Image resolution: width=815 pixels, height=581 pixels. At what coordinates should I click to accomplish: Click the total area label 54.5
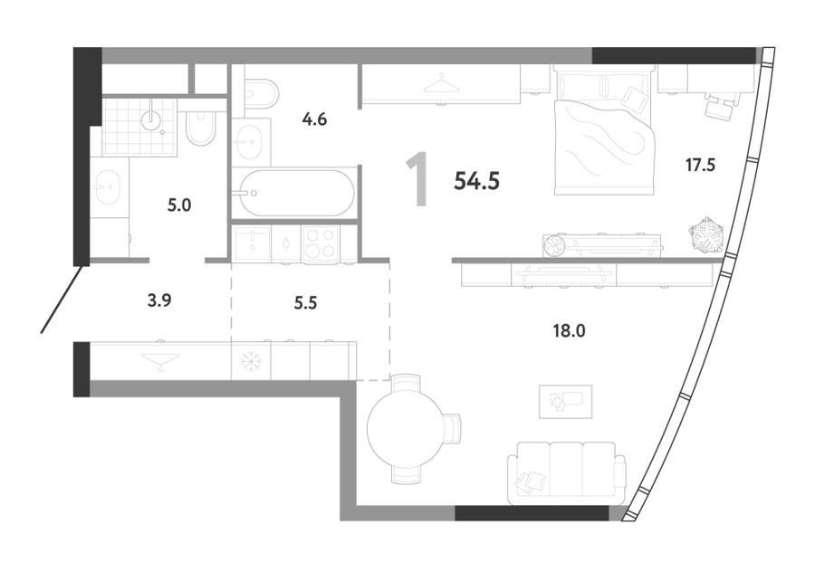[x=476, y=181]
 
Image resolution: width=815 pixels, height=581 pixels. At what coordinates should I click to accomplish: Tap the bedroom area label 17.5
[x=700, y=165]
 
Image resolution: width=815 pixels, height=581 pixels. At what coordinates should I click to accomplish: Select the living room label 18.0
[x=570, y=330]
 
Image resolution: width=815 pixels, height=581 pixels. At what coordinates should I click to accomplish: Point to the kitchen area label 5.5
[x=305, y=302]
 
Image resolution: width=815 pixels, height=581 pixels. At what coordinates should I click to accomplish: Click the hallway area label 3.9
[x=159, y=300]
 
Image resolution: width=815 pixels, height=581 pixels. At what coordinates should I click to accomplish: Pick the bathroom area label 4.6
[x=314, y=119]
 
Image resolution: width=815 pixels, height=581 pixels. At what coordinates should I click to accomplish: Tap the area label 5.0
[x=178, y=205]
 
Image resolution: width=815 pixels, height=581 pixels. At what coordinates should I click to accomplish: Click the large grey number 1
[x=417, y=180]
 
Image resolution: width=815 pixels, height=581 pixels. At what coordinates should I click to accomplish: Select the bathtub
[x=294, y=193]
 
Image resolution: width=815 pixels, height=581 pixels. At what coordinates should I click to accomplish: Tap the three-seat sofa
[x=567, y=473]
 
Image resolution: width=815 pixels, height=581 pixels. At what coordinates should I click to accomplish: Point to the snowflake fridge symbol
[x=252, y=361]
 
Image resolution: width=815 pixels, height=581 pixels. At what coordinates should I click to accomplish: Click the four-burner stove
[x=321, y=243]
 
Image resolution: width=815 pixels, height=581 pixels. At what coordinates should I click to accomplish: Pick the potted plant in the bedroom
[x=705, y=235]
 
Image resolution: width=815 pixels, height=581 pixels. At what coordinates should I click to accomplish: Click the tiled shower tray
[x=139, y=127]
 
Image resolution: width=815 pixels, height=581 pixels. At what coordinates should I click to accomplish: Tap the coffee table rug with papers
[x=565, y=401]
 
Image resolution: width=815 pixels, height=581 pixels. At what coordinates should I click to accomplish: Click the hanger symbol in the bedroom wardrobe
[x=441, y=84]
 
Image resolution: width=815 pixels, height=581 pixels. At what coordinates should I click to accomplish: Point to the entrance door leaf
[x=62, y=299]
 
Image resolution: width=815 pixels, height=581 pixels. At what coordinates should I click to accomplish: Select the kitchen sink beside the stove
[x=253, y=243]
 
